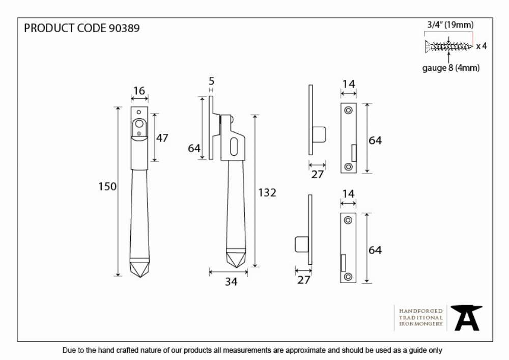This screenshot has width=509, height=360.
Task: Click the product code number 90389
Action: coord(124,28)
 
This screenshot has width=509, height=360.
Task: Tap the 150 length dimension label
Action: coord(107,187)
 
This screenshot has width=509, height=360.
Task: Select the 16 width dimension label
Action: coord(139,91)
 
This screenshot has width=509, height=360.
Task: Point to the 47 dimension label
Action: coord(162,138)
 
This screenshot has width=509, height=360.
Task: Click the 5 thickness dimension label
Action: coord(211,81)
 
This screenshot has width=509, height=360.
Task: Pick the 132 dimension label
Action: coord(267,193)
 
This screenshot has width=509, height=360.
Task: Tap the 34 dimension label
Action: coord(231,282)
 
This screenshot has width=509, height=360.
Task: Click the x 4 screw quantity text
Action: coord(482,46)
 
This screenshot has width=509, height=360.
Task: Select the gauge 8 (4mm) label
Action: coord(450,68)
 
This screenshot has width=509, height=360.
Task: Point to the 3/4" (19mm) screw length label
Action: coord(450,25)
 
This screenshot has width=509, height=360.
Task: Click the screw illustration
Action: coord(448,46)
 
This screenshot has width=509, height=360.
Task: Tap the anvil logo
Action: coord(466,317)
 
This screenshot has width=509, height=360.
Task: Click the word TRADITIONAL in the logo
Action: coord(421,317)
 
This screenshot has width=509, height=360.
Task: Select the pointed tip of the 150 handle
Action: coord(140,277)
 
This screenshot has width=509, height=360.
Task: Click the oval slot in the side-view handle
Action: coord(234,147)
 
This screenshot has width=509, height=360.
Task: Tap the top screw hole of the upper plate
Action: coord(348,110)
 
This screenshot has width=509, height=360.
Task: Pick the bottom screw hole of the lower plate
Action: coord(348,277)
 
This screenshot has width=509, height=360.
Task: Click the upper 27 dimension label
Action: coord(317,174)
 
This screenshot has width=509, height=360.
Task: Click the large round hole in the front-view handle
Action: coord(139,124)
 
